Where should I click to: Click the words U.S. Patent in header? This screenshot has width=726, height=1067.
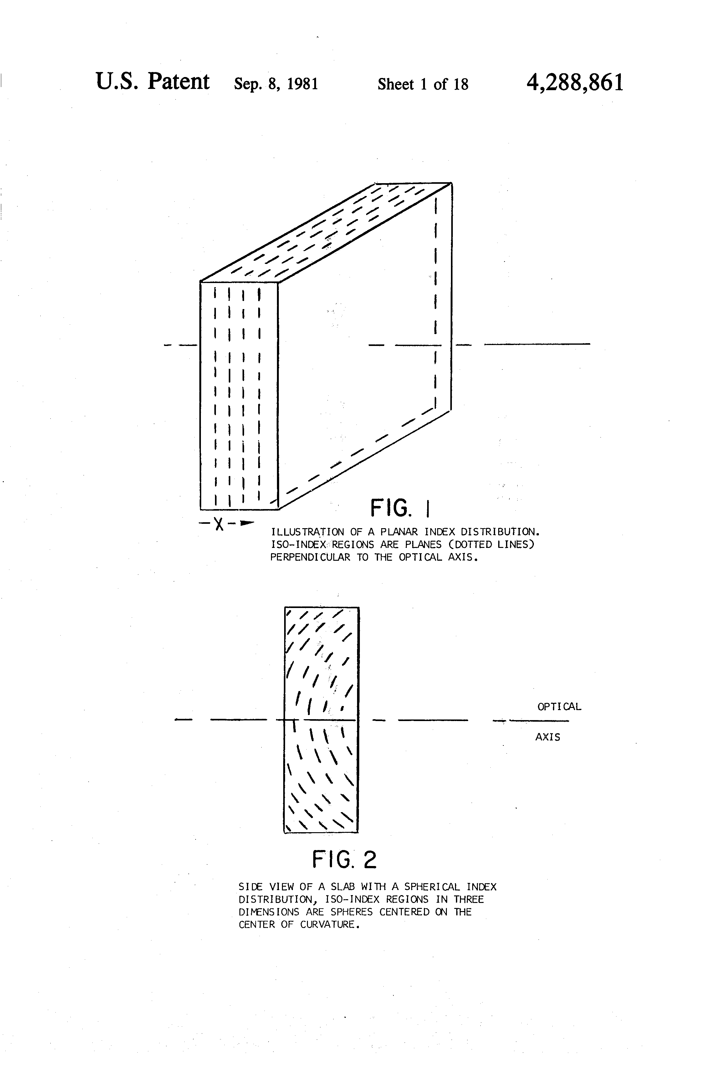click(152, 82)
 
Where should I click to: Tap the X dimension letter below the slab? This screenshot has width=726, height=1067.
click(219, 524)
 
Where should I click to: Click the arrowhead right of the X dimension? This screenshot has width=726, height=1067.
click(247, 523)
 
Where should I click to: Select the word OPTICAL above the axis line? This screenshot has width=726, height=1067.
click(559, 707)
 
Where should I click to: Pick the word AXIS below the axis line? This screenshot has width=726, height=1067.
click(548, 737)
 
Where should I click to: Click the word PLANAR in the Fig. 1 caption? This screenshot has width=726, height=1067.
click(399, 532)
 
